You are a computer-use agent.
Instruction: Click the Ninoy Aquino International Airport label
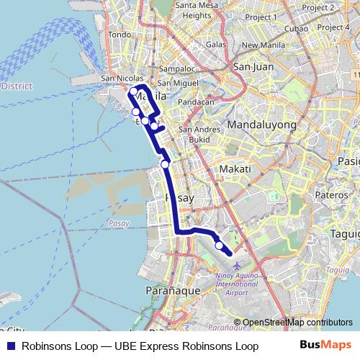pos(236,284)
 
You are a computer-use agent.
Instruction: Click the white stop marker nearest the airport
pos(219,246)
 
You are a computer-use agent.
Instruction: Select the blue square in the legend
pos(11,346)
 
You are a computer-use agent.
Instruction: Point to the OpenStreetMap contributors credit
pos(297,323)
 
